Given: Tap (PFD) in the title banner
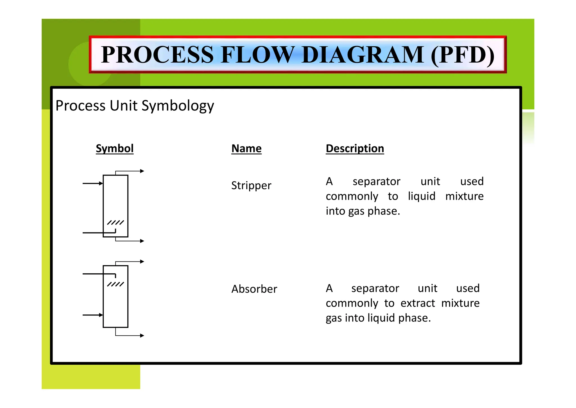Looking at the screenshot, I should (x=462, y=55).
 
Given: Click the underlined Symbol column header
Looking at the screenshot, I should (x=114, y=148).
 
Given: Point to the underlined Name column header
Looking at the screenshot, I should (x=246, y=148).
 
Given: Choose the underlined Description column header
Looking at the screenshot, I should (x=355, y=148).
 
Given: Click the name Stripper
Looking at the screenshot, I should (x=251, y=186).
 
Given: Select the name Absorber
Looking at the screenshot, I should (x=254, y=289).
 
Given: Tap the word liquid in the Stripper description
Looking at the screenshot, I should (x=422, y=196).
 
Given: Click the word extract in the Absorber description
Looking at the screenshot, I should (x=418, y=303).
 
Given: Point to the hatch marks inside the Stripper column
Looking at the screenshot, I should (x=115, y=223).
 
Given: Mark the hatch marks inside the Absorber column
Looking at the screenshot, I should (x=115, y=284).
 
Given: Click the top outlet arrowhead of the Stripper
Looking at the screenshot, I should (x=142, y=171).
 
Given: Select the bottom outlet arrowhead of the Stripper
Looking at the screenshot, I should (x=142, y=241).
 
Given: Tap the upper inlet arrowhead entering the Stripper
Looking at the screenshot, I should (x=101, y=183).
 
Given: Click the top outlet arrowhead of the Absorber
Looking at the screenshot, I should (x=142, y=261).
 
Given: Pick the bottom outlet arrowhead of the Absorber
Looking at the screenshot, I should (x=142, y=336).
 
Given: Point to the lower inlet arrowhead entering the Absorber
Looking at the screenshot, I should (x=101, y=315).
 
